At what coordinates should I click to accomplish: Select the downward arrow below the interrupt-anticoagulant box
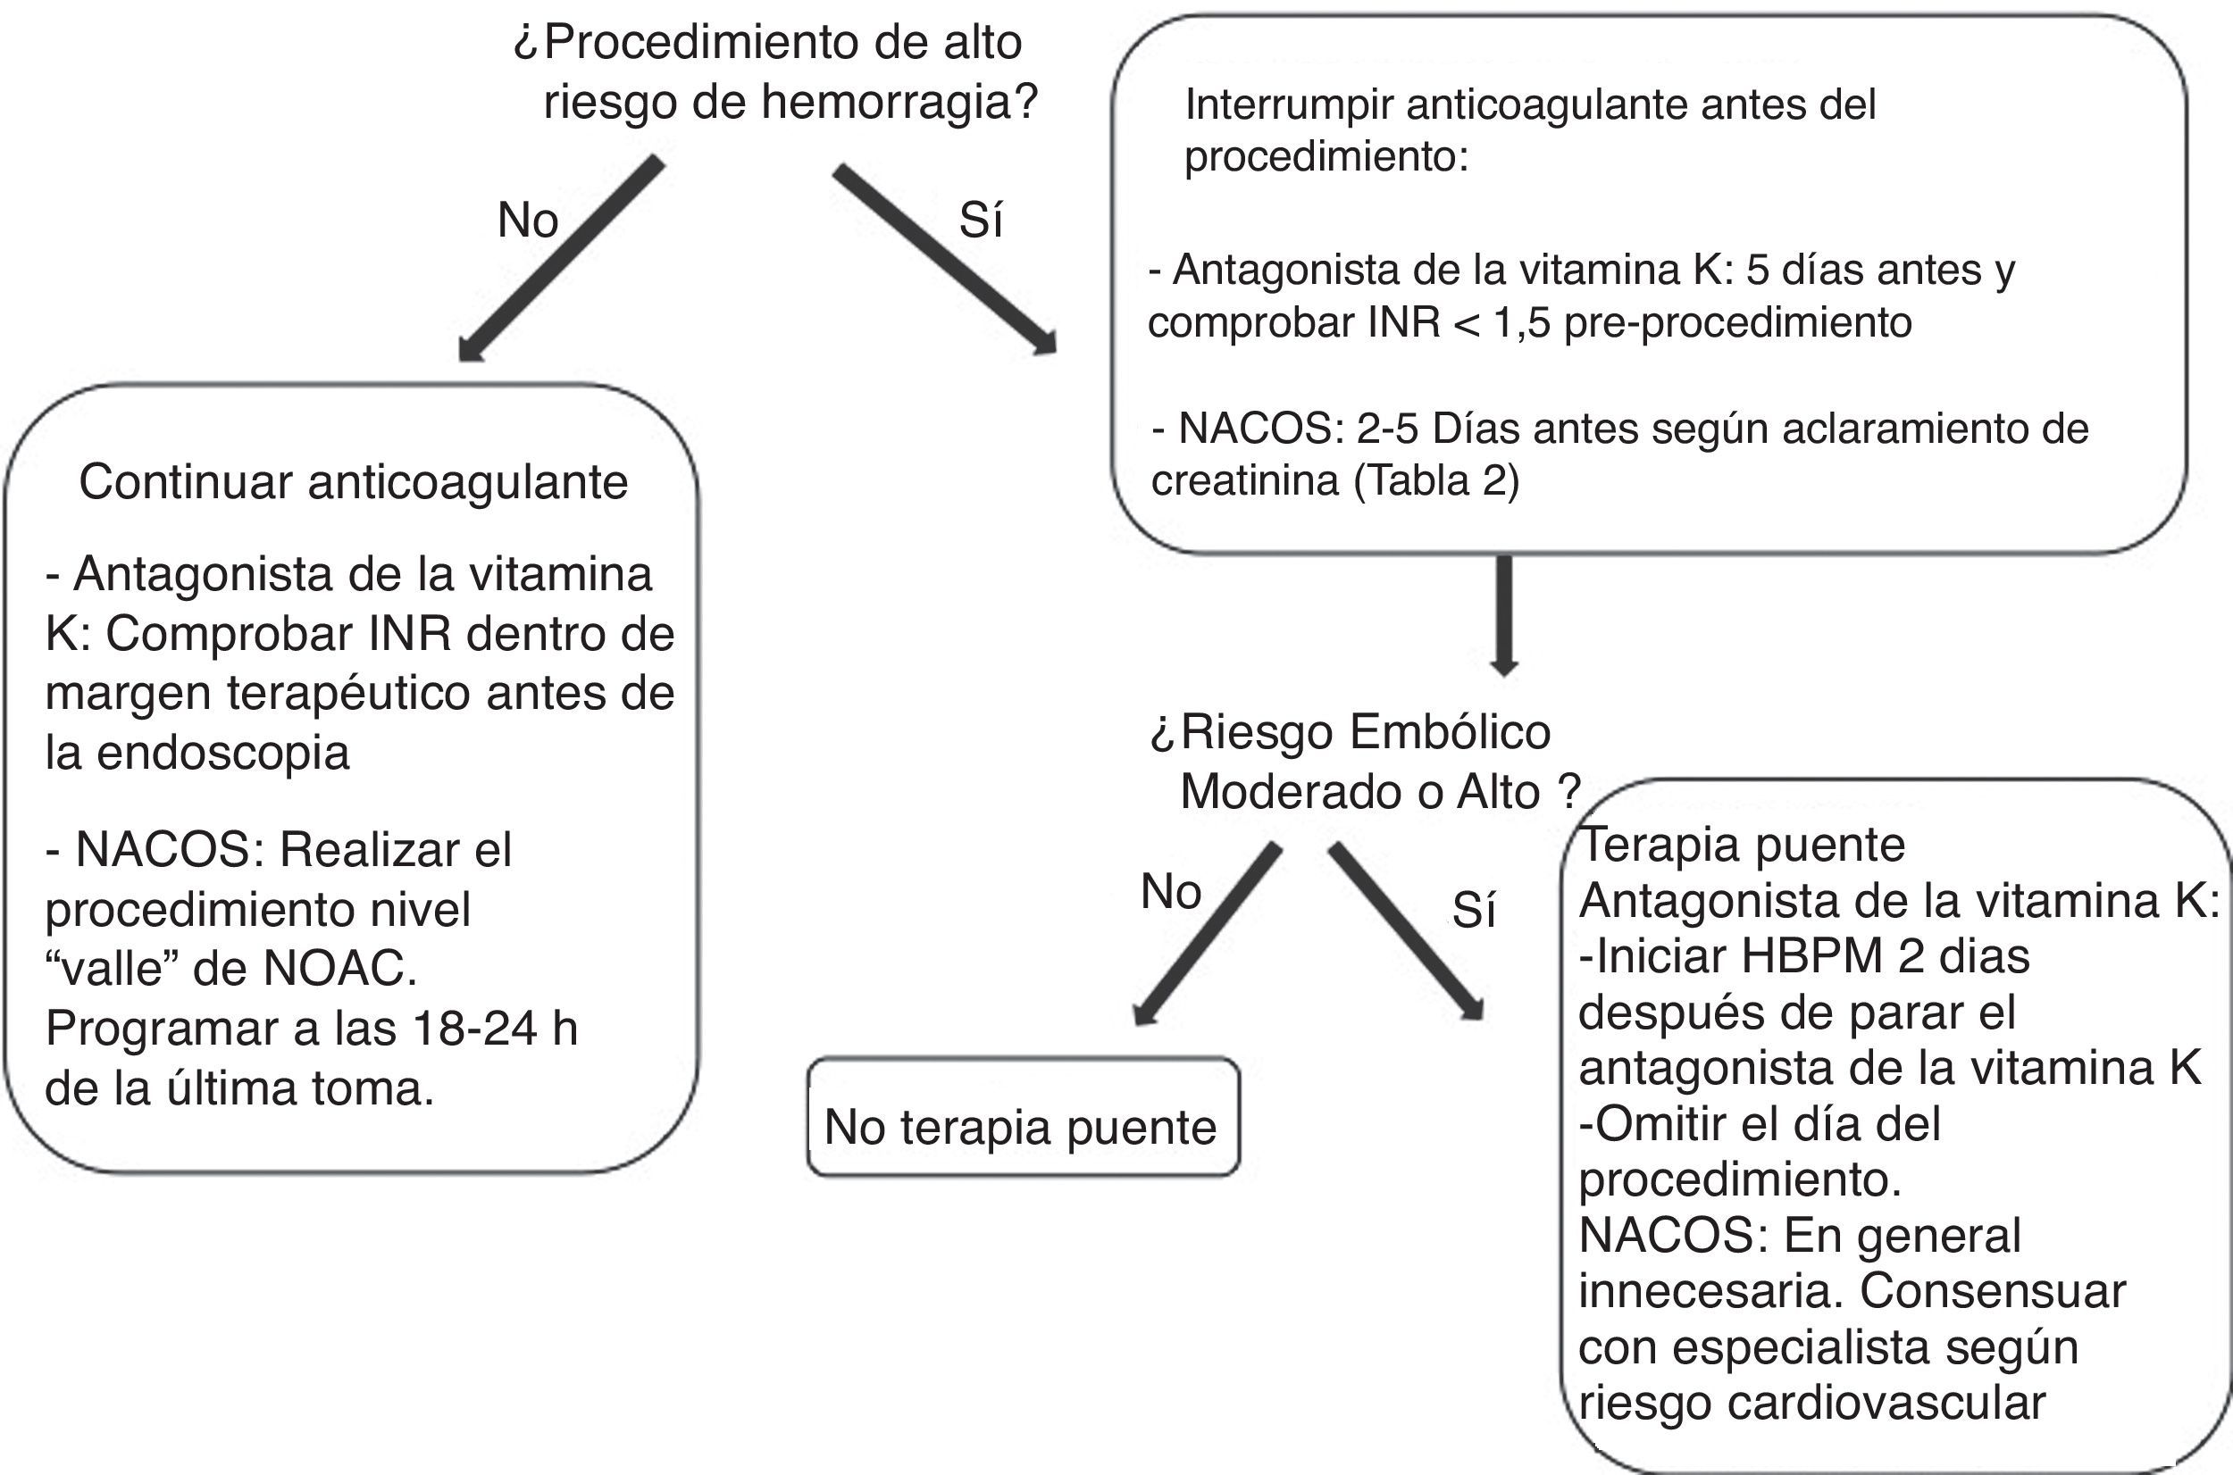tap(1505, 616)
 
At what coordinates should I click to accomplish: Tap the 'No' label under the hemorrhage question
tap(528, 221)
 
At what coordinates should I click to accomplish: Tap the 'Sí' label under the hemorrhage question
tap(981, 221)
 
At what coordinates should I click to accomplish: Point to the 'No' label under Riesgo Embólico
tap(1171, 891)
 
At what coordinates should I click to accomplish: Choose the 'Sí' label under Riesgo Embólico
tap(1474, 910)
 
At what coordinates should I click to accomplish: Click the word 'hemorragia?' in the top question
tap(899, 102)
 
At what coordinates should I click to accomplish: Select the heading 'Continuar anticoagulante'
tap(353, 481)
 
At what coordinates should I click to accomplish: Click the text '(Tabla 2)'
tap(1437, 480)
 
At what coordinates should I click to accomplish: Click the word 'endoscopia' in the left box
tap(223, 753)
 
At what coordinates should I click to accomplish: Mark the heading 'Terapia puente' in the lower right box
tap(1742, 845)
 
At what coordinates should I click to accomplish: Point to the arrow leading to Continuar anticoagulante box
tap(560, 260)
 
